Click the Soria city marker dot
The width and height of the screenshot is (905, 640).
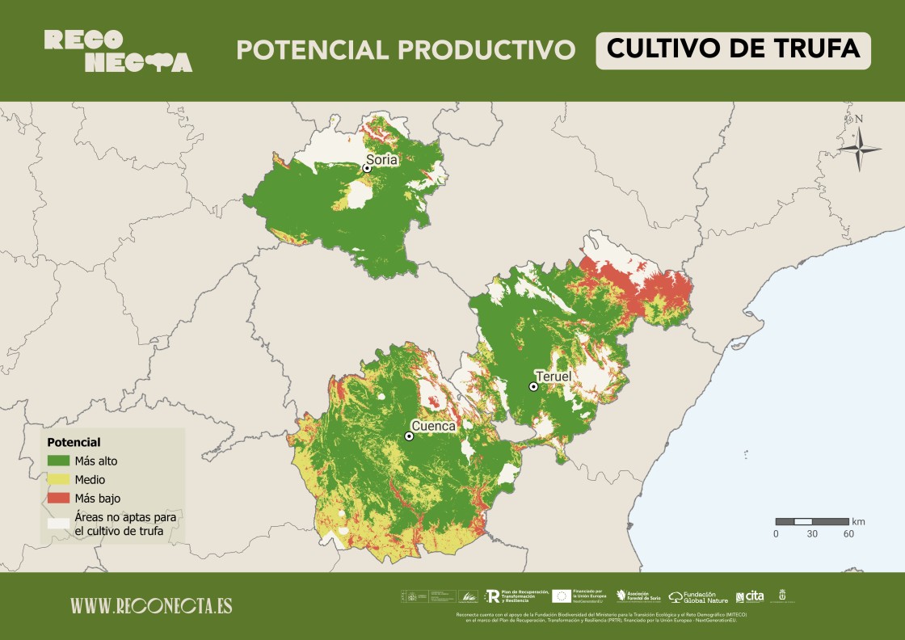[367, 168]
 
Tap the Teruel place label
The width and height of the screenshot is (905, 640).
[553, 377]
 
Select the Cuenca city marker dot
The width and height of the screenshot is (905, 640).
[409, 436]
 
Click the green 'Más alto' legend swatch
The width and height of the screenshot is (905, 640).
[58, 461]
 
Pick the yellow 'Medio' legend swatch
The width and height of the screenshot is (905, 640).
[58, 480]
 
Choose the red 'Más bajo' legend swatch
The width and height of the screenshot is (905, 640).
[58, 498]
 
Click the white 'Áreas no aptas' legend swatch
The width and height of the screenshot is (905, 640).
[58, 523]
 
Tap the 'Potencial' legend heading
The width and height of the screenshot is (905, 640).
[74, 443]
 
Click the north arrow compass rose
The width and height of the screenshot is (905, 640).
[859, 148]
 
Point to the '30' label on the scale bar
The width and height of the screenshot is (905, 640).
[812, 534]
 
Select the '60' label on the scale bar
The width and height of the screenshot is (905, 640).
[848, 534]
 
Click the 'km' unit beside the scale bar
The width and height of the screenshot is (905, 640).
[858, 521]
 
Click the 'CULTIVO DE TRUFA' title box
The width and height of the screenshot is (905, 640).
[733, 50]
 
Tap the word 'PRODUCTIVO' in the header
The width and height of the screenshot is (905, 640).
[490, 50]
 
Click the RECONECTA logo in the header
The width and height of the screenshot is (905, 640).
[118, 51]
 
